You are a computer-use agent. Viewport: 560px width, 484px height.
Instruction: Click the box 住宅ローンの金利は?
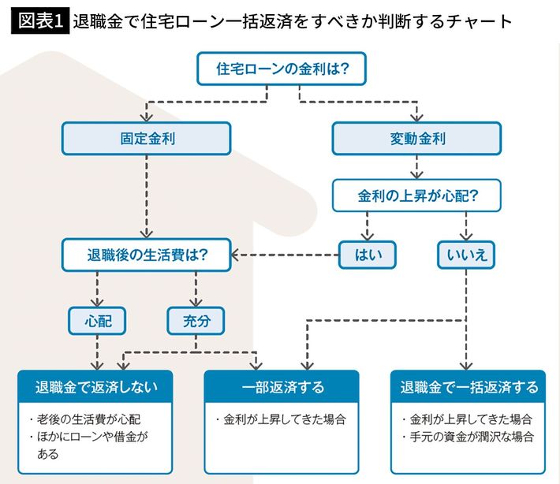[x=282, y=69]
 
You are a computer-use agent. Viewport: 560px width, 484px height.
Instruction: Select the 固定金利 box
[x=147, y=138]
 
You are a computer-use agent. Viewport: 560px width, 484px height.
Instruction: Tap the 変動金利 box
[x=417, y=138]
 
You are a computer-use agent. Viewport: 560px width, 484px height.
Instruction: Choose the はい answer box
[x=366, y=255]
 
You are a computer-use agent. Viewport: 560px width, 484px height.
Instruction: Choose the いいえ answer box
[x=467, y=255]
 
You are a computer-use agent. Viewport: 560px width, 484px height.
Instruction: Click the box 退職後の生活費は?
[x=147, y=255]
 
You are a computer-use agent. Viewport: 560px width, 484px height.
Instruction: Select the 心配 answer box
[x=97, y=320]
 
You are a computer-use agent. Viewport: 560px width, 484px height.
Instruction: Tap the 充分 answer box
[x=196, y=320]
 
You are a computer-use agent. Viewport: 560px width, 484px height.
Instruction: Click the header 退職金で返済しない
[x=97, y=387]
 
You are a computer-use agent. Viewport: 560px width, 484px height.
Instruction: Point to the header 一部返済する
[x=282, y=387]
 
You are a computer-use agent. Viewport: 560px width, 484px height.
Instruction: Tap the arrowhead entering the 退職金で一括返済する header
[x=467, y=365]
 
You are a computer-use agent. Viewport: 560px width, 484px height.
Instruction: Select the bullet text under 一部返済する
[x=282, y=419]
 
